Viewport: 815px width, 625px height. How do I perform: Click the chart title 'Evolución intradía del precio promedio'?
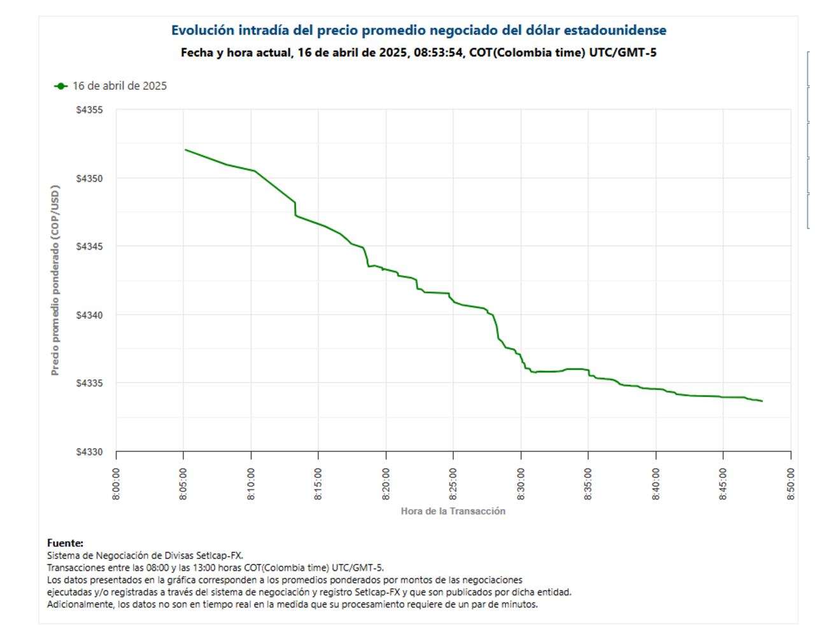click(418, 31)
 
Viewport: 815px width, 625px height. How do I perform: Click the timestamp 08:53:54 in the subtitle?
click(438, 53)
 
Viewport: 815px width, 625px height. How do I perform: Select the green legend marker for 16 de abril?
click(60, 86)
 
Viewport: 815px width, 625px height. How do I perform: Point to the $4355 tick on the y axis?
click(89, 110)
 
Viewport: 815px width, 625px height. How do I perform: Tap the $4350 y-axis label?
click(89, 178)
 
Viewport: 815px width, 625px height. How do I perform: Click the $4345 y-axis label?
click(89, 246)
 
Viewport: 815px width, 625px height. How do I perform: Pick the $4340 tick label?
click(89, 315)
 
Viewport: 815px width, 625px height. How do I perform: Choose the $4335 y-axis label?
click(89, 383)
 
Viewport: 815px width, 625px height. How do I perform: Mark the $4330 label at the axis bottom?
click(89, 452)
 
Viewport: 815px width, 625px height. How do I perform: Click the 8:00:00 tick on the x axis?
click(116, 484)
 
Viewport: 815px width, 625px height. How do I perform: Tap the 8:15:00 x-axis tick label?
click(318, 484)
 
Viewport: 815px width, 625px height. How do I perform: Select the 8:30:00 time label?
click(521, 484)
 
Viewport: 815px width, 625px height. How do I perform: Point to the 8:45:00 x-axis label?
click(723, 484)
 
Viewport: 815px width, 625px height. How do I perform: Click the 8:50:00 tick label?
click(791, 484)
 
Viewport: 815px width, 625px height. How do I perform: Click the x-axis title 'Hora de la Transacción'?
click(453, 511)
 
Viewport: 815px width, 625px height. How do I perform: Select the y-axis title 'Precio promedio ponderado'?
click(55, 280)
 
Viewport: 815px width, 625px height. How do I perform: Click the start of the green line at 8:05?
click(185, 150)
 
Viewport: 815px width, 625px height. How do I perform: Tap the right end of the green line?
click(762, 401)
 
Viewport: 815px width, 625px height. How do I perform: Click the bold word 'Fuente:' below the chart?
click(65, 543)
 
